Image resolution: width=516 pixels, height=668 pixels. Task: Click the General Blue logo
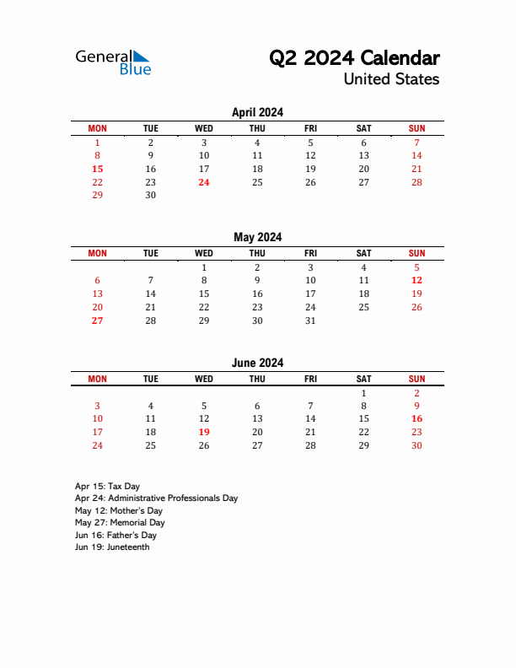(x=113, y=62)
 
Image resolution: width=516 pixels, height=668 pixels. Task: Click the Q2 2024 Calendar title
(x=354, y=58)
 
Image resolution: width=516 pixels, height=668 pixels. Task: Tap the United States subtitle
(x=391, y=79)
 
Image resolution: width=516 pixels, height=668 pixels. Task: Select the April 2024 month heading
(x=257, y=112)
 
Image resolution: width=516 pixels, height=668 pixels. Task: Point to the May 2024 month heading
(x=257, y=237)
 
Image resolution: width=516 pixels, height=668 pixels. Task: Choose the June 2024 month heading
(x=257, y=363)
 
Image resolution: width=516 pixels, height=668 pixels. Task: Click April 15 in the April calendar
(x=97, y=169)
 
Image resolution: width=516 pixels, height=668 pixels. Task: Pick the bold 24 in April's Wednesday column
(x=203, y=182)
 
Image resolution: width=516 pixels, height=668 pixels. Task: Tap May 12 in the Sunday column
(x=417, y=280)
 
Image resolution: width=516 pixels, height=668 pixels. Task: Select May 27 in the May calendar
(x=97, y=321)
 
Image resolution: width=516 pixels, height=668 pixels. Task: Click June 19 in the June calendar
(x=203, y=432)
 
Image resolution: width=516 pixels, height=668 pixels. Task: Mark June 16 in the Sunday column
(x=417, y=418)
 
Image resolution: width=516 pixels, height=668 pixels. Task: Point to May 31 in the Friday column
(x=310, y=321)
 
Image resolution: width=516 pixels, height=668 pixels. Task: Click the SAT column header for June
(x=363, y=379)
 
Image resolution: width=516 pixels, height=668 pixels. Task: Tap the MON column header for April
(x=97, y=128)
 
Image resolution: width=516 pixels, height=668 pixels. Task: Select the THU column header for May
(x=257, y=253)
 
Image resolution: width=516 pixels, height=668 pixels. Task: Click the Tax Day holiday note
(x=107, y=486)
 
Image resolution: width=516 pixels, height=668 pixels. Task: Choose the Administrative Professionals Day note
(x=156, y=498)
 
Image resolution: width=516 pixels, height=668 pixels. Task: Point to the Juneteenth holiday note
(x=112, y=547)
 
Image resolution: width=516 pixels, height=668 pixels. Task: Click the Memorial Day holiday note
(x=119, y=523)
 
